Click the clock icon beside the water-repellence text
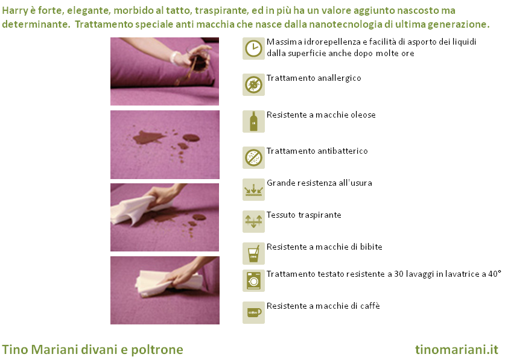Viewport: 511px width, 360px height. pos(253,49)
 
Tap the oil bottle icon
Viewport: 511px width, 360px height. pos(253,122)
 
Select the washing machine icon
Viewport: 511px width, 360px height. pos(253,280)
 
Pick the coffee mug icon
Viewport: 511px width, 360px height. pos(253,312)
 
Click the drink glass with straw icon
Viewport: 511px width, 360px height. pos(253,253)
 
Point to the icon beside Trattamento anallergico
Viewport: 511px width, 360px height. pos(253,84)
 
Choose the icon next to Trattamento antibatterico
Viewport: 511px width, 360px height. pos(253,157)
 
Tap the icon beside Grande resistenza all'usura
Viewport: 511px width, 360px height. pos(253,189)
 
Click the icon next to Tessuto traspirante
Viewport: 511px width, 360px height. pos(253,221)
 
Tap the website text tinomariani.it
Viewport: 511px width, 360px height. pos(457,350)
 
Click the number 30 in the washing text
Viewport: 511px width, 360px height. pos(399,274)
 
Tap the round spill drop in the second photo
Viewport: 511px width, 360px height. pos(191,137)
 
